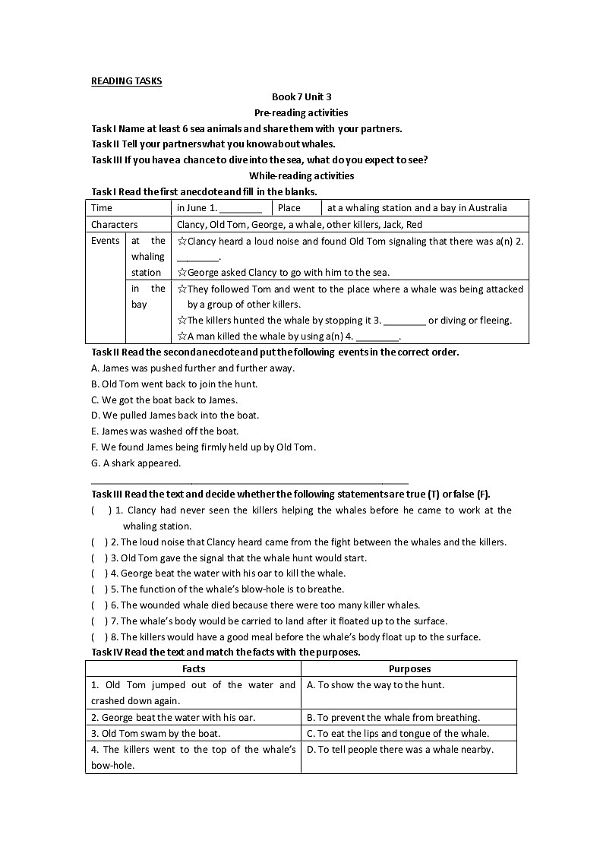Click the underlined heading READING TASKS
[x=126, y=81]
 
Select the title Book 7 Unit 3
[x=301, y=97]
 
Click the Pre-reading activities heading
[x=301, y=112]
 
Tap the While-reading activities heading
[x=301, y=175]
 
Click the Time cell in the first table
[x=102, y=208]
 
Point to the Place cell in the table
[x=289, y=208]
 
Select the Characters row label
[x=115, y=225]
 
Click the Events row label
[x=105, y=241]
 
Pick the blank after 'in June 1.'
[x=241, y=208]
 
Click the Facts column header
[x=194, y=669]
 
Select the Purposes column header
[x=409, y=669]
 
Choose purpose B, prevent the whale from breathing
[x=393, y=718]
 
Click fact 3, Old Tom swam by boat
[x=156, y=734]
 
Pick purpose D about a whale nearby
[x=399, y=750]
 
